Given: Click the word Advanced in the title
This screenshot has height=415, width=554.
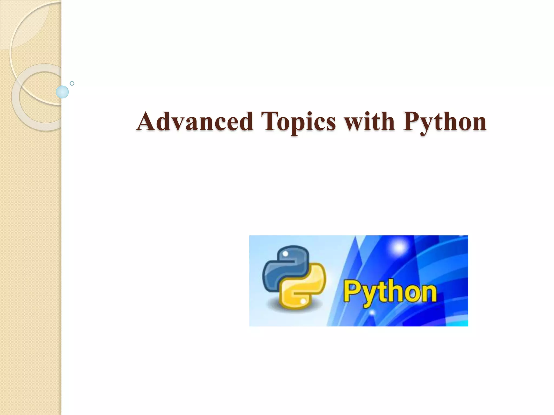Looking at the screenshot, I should point(195,122).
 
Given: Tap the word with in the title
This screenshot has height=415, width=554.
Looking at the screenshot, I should point(369,122).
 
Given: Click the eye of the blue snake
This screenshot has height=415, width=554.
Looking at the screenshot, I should point(285,253).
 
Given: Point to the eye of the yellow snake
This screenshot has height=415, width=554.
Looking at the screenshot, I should point(303,300).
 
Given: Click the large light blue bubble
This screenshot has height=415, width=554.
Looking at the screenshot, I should point(62,92).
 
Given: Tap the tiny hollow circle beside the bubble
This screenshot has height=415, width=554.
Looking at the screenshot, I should point(72,83).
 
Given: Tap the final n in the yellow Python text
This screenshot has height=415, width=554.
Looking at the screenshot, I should point(429,293).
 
